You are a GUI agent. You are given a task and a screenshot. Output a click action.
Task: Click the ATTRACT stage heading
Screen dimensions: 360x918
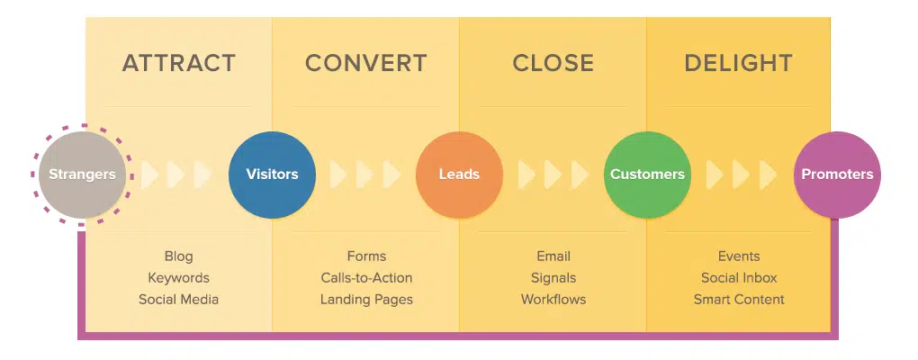(x=178, y=63)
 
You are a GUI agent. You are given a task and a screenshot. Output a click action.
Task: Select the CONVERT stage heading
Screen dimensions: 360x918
(x=365, y=63)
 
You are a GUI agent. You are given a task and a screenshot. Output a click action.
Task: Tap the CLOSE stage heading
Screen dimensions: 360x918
(x=553, y=63)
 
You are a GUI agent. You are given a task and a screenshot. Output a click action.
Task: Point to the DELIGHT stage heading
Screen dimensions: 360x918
(x=738, y=63)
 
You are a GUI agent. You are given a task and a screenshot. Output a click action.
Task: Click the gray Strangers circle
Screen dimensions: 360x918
(x=81, y=175)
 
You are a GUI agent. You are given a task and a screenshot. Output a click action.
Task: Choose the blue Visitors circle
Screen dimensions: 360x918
(x=272, y=175)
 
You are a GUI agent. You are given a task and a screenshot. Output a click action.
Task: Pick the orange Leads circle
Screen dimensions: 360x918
(x=459, y=175)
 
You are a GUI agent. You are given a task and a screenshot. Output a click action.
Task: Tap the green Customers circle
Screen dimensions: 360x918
(x=647, y=175)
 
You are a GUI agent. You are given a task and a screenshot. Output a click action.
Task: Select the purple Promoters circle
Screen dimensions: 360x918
(x=837, y=175)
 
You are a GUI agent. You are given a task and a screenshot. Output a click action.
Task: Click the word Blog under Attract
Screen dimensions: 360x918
(x=178, y=256)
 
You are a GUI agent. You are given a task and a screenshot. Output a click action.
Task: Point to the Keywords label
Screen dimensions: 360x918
(x=178, y=278)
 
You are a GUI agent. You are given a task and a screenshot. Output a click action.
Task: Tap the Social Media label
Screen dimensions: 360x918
(x=178, y=300)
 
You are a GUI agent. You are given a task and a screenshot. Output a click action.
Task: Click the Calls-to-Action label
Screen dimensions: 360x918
(x=366, y=278)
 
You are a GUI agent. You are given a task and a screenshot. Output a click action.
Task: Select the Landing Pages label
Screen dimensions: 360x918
(x=366, y=300)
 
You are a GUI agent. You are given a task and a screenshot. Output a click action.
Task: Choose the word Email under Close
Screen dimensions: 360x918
(x=553, y=256)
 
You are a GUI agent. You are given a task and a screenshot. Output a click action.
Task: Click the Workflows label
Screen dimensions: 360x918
(x=553, y=300)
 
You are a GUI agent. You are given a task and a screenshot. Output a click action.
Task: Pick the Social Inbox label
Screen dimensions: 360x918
(x=739, y=278)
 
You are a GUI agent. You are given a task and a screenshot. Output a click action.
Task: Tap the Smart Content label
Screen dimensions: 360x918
(x=739, y=300)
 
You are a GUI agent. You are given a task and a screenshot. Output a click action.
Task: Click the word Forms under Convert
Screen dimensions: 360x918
(x=366, y=256)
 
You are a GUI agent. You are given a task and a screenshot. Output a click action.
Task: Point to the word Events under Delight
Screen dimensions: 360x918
(x=739, y=256)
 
